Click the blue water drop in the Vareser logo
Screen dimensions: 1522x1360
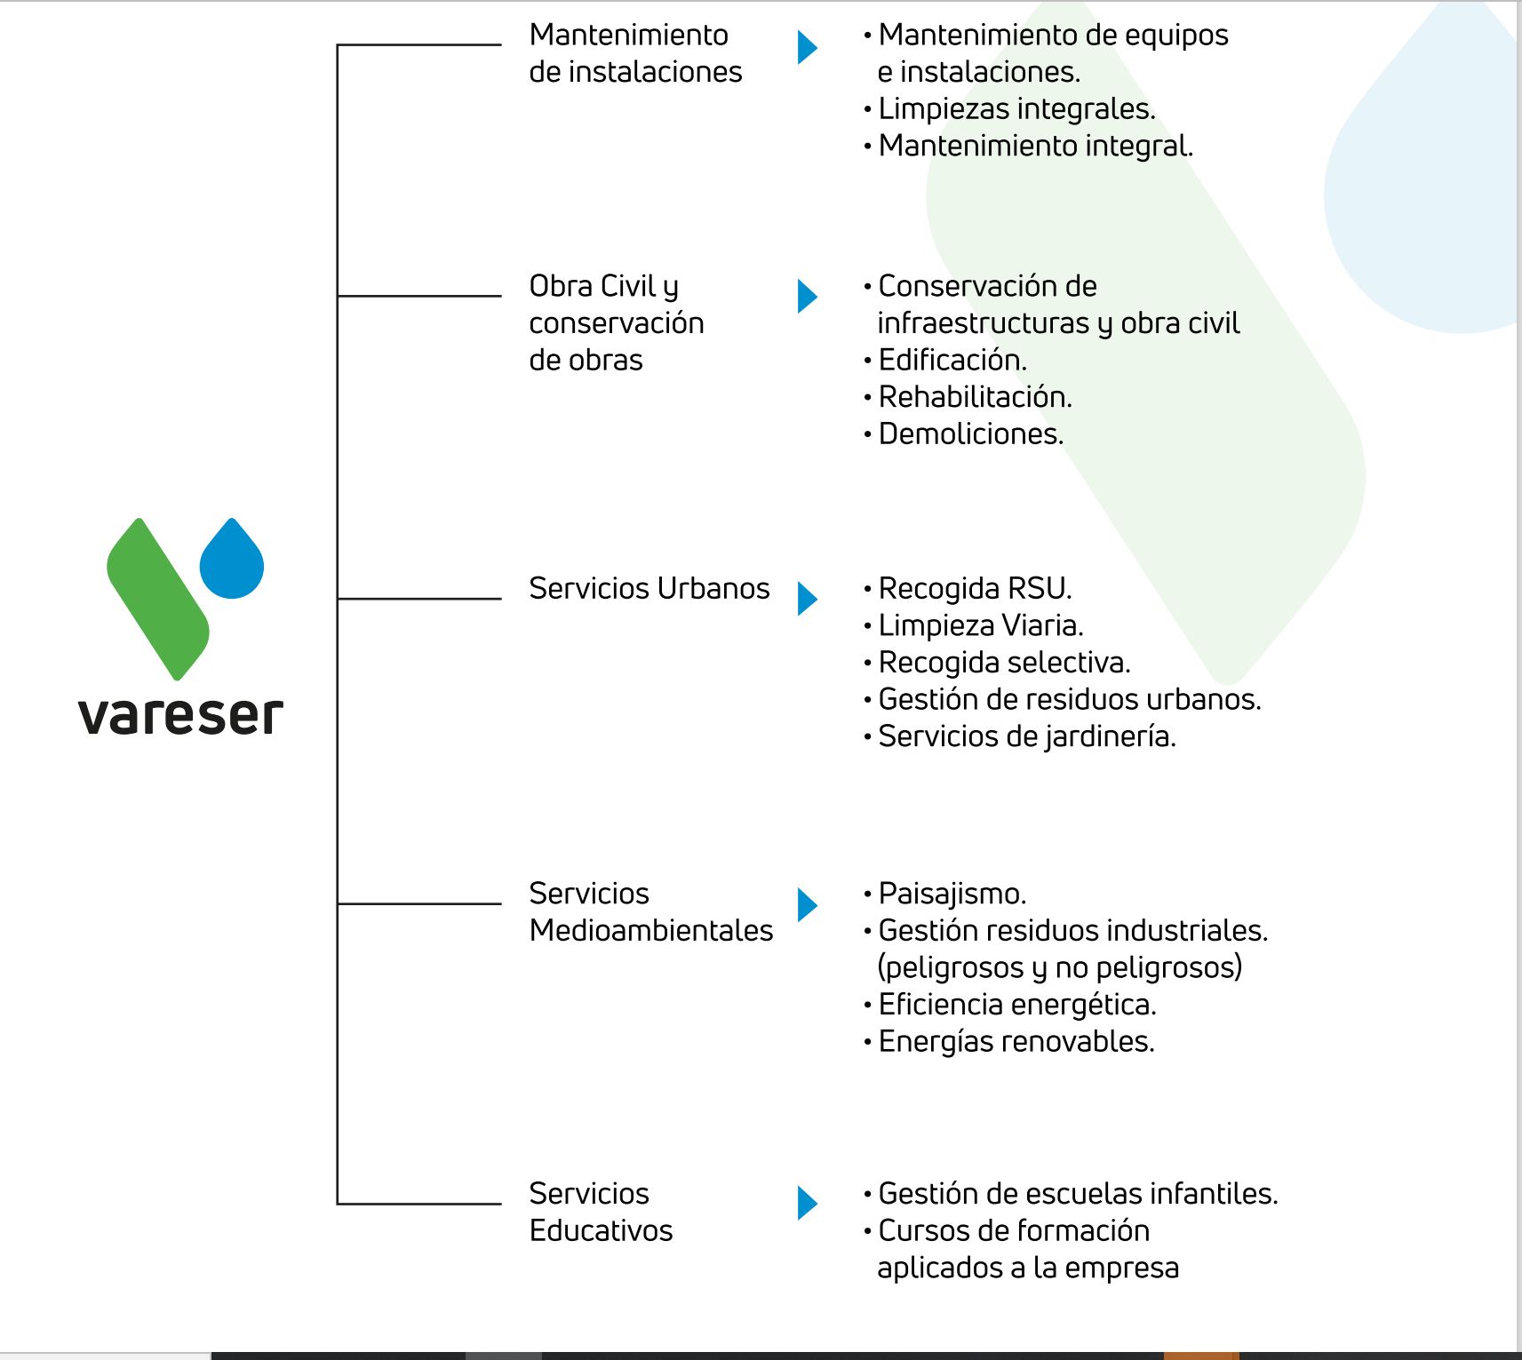(232, 561)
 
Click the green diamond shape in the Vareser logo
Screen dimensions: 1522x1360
(158, 600)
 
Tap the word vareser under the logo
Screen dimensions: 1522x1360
(180, 716)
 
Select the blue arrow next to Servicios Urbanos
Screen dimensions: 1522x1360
(807, 599)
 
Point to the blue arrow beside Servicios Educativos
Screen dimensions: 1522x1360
(807, 1204)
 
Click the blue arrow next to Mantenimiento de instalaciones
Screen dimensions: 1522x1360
(807, 47)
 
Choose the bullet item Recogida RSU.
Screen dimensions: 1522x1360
(975, 589)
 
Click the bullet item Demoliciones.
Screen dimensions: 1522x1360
(970, 434)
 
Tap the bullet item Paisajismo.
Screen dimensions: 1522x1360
(952, 894)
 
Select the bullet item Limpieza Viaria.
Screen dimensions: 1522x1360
(981, 626)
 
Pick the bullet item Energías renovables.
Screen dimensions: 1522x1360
(1016, 1042)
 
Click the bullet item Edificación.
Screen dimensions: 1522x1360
(952, 361)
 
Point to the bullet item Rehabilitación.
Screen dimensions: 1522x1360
(975, 397)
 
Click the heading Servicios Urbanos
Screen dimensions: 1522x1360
(649, 589)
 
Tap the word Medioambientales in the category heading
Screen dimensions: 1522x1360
(651, 931)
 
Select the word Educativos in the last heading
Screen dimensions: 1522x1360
(601, 1231)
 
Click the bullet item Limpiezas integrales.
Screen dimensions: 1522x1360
(1016, 109)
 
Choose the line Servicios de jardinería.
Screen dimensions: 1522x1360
(1027, 737)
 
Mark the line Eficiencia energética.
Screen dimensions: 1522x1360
(1017, 1005)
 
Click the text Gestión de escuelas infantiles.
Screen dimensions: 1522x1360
(1078, 1194)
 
